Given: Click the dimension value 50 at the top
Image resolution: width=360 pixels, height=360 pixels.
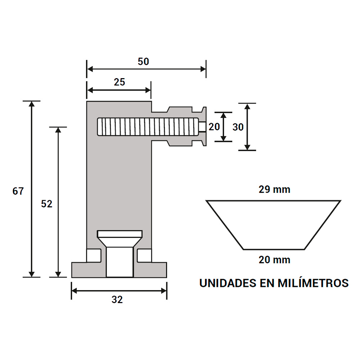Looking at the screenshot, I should click(x=143, y=62).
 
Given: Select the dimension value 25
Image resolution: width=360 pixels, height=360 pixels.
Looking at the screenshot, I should click(x=120, y=82).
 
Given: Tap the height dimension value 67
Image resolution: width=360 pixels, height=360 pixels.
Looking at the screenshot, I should click(x=18, y=191).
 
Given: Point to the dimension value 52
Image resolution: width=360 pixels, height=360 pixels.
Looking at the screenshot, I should click(x=47, y=204).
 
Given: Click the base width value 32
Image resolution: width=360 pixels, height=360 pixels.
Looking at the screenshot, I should click(x=117, y=300).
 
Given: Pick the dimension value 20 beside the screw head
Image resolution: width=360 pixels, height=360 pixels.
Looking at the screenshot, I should click(x=214, y=127).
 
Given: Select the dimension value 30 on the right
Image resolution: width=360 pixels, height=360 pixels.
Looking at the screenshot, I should click(x=238, y=127).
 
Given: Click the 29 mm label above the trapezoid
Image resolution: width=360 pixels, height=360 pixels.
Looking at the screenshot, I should click(x=274, y=189).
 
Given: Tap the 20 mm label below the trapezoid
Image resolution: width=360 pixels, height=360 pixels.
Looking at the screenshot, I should click(x=274, y=259).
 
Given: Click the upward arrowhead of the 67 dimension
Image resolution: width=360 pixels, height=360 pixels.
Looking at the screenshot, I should click(x=32, y=104).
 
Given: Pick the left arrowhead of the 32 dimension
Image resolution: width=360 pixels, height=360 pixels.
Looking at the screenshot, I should click(x=75, y=290).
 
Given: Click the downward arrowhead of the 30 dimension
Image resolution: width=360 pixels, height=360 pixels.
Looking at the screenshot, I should click(x=247, y=147).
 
